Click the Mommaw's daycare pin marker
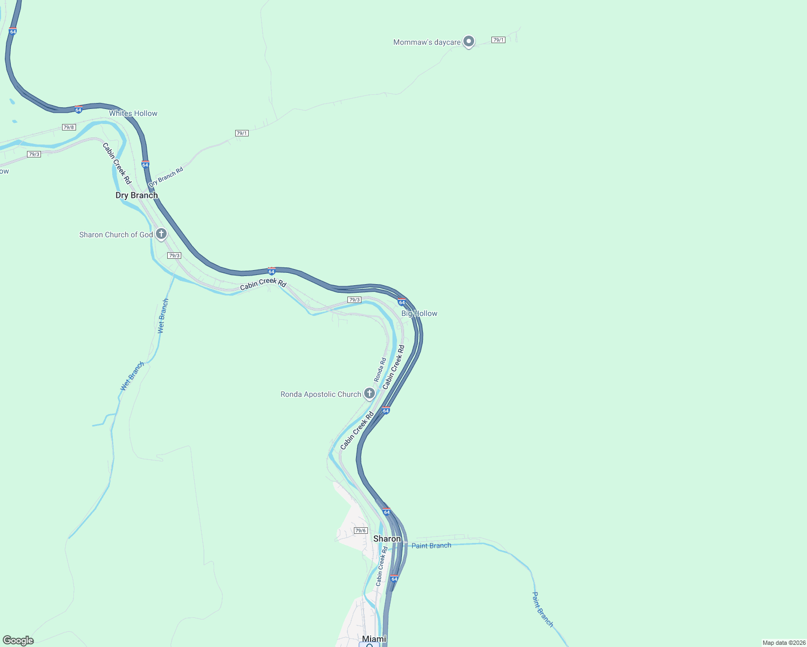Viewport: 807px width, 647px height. (469, 41)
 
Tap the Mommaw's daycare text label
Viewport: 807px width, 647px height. (427, 42)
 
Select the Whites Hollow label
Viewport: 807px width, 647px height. (133, 113)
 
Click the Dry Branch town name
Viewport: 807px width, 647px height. (136, 195)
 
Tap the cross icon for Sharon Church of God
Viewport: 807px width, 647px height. (161, 234)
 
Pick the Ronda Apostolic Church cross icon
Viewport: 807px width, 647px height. (370, 394)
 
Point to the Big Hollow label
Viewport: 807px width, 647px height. (419, 313)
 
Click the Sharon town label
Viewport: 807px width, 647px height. (387, 539)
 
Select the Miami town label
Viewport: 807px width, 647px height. (374, 639)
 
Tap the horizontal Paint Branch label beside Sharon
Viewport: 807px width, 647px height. (431, 546)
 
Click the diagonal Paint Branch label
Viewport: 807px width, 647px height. (543, 609)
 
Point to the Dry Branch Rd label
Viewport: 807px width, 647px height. (166, 177)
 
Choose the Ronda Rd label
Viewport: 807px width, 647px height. (380, 370)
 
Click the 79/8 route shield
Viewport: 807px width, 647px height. (69, 127)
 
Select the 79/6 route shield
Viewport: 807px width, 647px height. (361, 531)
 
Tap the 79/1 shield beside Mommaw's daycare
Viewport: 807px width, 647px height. (498, 40)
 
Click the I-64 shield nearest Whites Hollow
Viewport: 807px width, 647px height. (79, 109)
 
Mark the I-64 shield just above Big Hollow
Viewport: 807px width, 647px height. (402, 302)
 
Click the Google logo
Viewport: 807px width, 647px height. (18, 640)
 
